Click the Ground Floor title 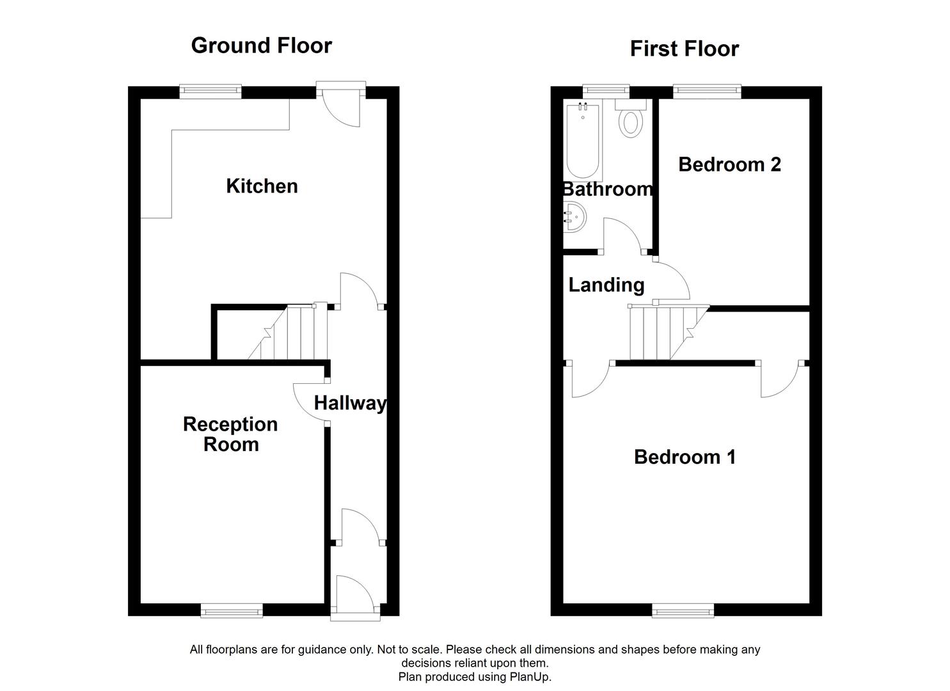point(261,45)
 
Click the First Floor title point(684,49)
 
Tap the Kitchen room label point(262,186)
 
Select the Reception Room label point(230,434)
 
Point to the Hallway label point(350,403)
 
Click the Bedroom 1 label point(685,457)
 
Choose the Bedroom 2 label point(729,164)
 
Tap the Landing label point(606,285)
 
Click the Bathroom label point(607,189)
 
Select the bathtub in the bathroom point(582,141)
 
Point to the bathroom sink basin point(574,217)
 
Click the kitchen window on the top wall point(210,92)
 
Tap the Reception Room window point(232,611)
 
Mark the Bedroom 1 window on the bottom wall point(683,611)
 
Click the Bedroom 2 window point(707,92)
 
